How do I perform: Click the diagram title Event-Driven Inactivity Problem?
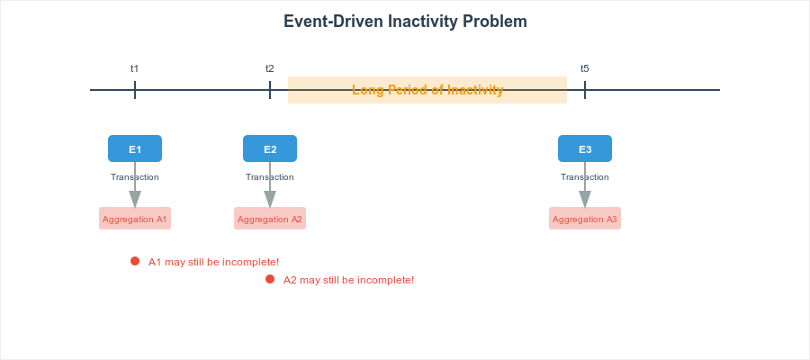(x=405, y=22)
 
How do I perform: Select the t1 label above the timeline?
(x=135, y=68)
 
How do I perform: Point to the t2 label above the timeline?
(x=270, y=68)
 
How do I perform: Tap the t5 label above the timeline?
(x=585, y=68)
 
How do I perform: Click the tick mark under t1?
(x=135, y=90)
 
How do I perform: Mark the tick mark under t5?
(x=585, y=90)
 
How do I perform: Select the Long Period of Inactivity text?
(x=427, y=90)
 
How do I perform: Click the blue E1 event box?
(x=135, y=148)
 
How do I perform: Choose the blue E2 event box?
(x=270, y=148)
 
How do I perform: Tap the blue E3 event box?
(x=585, y=148)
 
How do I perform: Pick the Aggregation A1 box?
(x=135, y=219)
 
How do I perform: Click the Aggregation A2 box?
(x=270, y=219)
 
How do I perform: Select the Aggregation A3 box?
(x=585, y=219)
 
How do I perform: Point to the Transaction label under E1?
(x=135, y=177)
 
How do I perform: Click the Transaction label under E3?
(x=585, y=177)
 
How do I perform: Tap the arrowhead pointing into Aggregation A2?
(x=270, y=200)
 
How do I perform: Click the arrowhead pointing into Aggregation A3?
(x=585, y=200)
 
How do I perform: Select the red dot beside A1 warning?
(x=135, y=261)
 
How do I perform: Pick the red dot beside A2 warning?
(x=270, y=279)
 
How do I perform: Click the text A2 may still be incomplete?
(x=348, y=280)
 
